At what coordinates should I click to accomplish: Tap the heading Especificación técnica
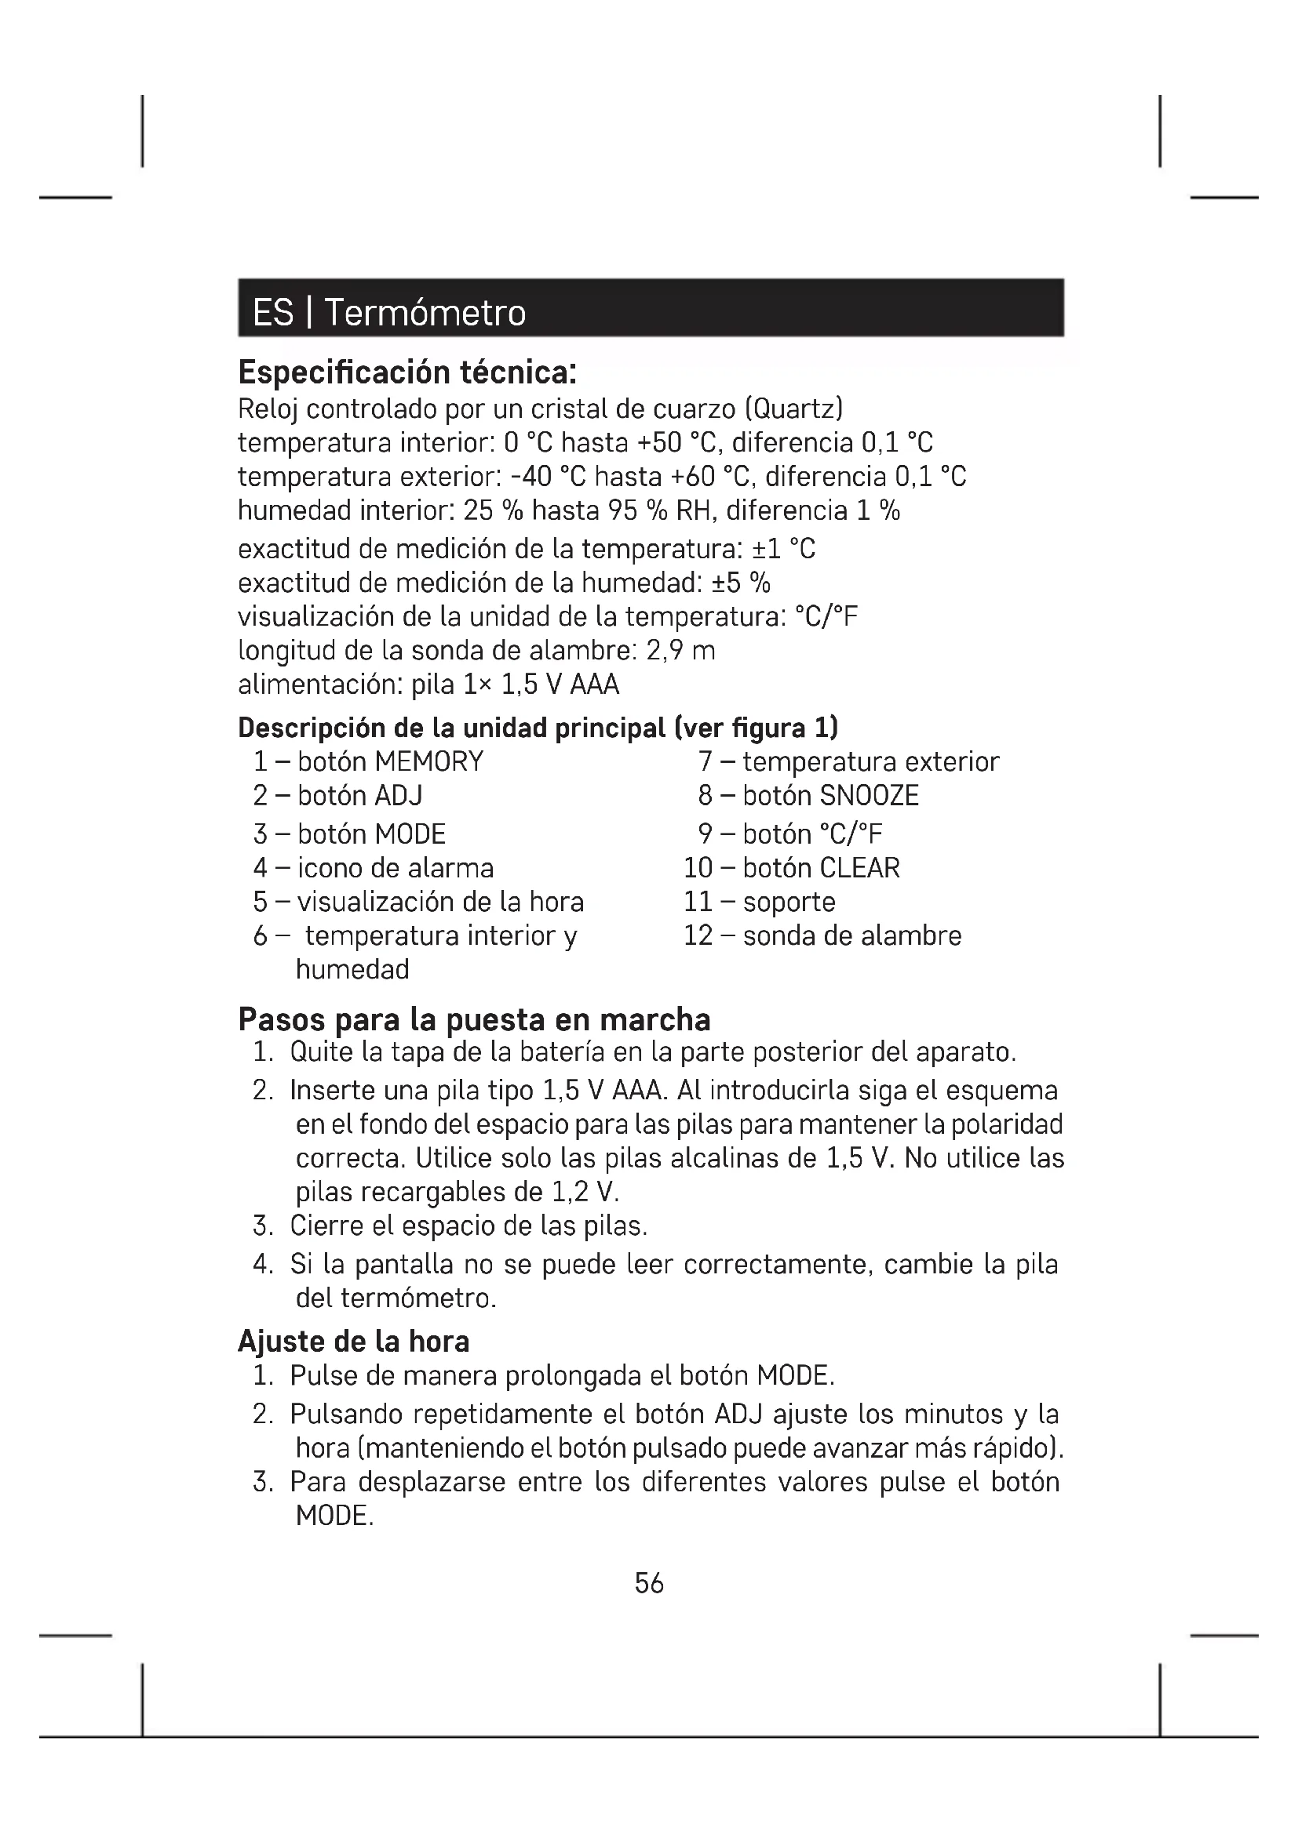407,372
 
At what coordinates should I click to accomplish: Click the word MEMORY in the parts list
429,761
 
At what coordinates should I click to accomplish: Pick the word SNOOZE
870,796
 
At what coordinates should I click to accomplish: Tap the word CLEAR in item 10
860,868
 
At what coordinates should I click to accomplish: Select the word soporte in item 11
789,902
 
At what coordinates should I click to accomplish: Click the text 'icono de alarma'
396,868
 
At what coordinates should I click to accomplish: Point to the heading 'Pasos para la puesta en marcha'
474,1020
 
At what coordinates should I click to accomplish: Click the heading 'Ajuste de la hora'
353,1341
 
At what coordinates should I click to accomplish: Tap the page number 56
649,1583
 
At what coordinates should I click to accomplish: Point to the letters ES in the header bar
272,312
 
